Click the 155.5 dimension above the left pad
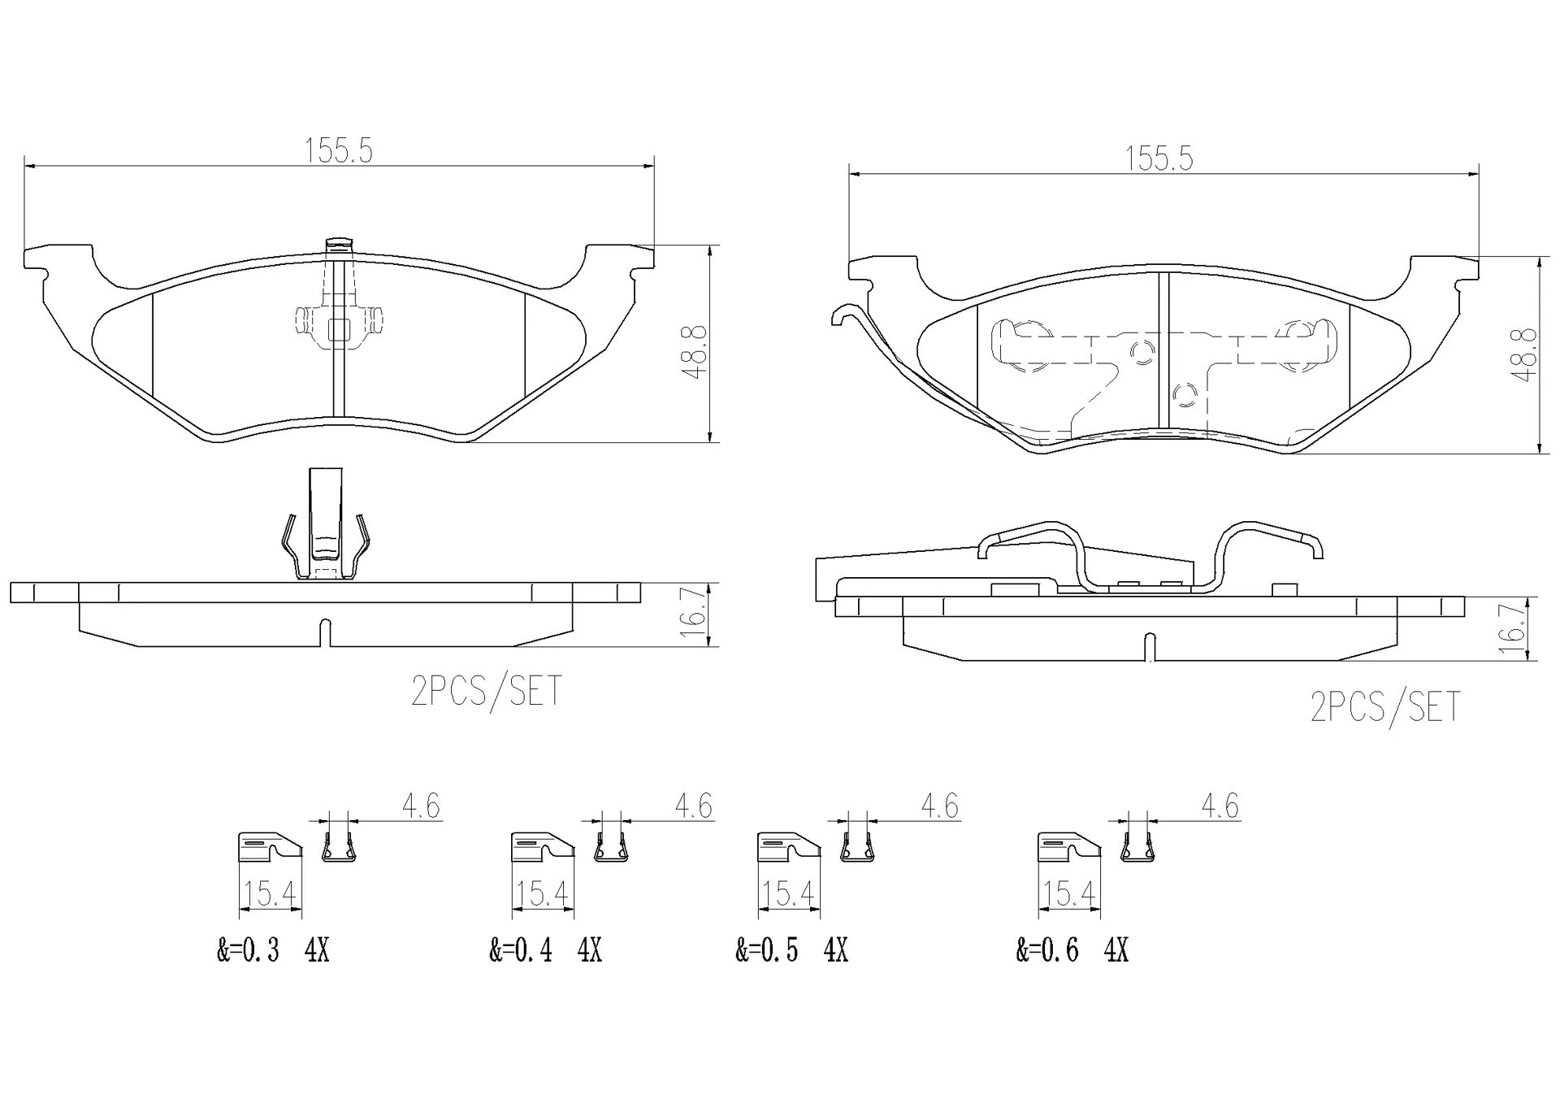(x=338, y=151)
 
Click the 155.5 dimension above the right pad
(x=1159, y=159)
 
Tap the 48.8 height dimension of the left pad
(x=695, y=352)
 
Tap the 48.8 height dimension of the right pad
(x=1524, y=354)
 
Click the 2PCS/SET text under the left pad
(x=487, y=691)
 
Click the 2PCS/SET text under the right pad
(x=1385, y=706)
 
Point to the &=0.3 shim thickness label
(x=248, y=949)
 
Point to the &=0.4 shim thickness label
(x=521, y=949)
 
